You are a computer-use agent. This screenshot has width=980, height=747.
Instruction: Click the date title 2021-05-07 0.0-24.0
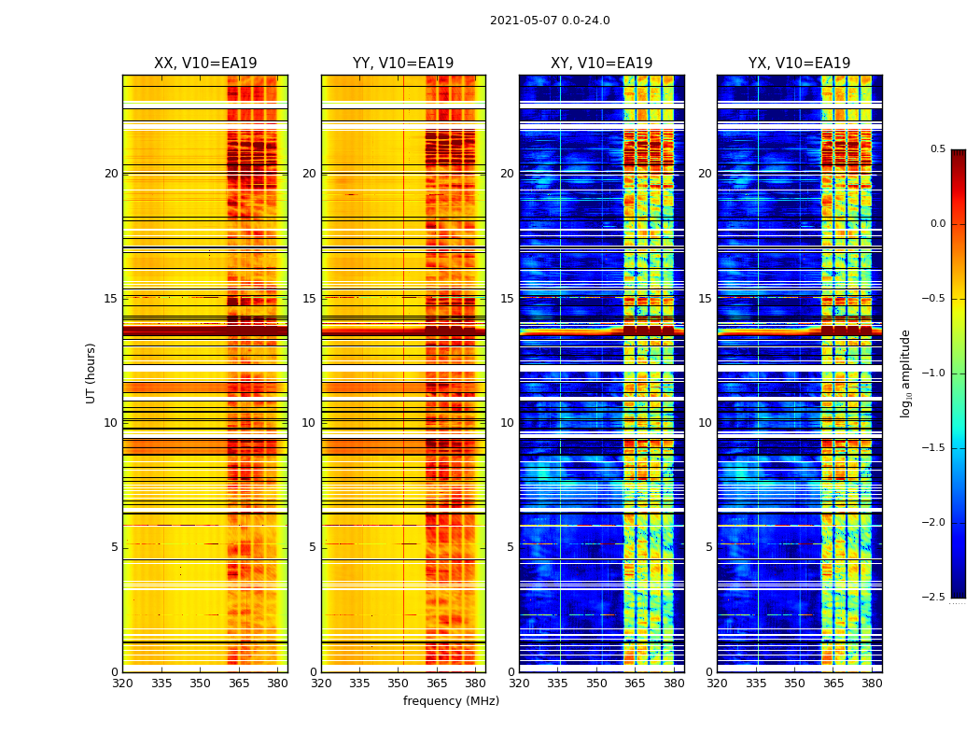550,21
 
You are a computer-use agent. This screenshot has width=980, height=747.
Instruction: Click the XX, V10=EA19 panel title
205,63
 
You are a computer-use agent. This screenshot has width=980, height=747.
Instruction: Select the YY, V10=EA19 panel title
403,63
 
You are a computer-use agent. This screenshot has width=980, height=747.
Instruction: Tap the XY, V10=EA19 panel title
601,63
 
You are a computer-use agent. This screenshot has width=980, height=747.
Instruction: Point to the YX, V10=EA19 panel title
799,63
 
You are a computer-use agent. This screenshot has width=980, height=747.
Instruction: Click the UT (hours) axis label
91,373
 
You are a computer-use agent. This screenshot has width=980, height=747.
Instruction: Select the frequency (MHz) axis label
451,701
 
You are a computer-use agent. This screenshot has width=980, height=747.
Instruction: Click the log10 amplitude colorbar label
905,373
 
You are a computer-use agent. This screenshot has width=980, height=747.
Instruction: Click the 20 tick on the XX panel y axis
111,174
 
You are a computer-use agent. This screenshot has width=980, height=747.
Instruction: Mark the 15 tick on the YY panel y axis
309,299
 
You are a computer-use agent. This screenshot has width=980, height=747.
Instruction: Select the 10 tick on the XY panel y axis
507,423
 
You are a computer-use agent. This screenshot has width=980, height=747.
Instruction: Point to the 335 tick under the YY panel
359,683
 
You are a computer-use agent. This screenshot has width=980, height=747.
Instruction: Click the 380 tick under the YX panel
872,683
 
